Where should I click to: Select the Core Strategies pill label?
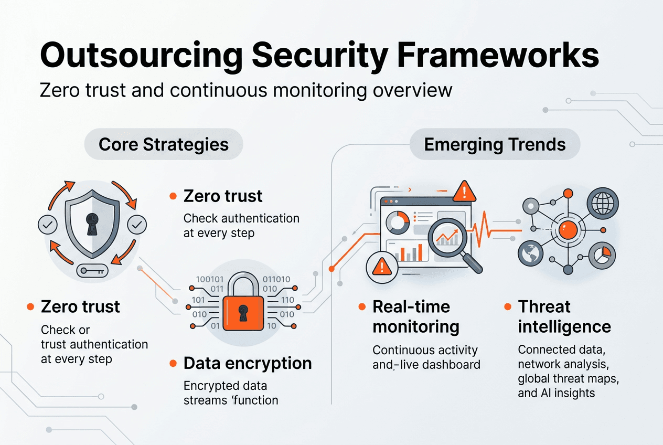click(x=164, y=144)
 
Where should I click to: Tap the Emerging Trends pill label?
click(x=495, y=144)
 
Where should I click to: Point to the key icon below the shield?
click(x=92, y=271)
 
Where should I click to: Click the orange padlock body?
click(x=243, y=313)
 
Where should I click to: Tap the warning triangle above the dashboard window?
click(x=464, y=192)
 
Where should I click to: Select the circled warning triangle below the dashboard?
click(x=381, y=267)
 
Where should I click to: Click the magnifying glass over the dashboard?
click(x=450, y=237)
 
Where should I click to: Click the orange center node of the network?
click(x=567, y=228)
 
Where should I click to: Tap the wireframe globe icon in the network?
click(x=603, y=201)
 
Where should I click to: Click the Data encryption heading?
click(x=248, y=363)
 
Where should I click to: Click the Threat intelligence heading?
click(x=564, y=316)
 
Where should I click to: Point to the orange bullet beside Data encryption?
click(x=173, y=363)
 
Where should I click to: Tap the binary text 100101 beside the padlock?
click(x=210, y=279)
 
